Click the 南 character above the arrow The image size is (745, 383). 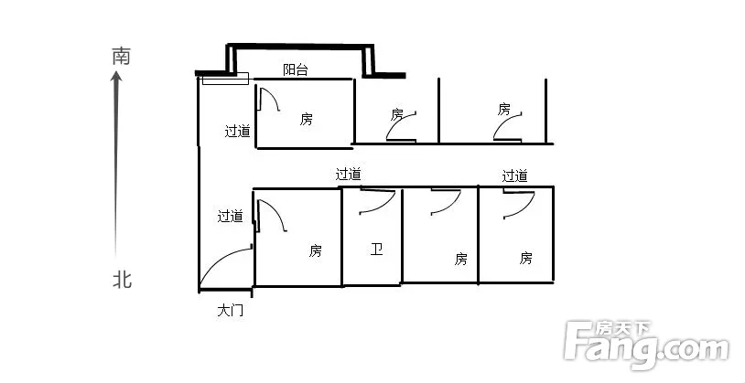[121, 56]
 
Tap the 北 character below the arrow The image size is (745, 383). [122, 280]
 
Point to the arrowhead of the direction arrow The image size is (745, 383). [116, 77]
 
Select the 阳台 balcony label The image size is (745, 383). [296, 70]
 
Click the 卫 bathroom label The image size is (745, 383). [376, 250]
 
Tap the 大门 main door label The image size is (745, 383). [231, 311]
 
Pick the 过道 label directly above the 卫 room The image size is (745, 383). [349, 175]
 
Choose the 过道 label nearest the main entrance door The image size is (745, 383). [231, 216]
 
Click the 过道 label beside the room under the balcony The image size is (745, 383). [238, 131]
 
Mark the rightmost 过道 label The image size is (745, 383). [515, 176]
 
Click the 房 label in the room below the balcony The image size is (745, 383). [307, 119]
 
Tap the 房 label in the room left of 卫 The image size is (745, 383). [315, 250]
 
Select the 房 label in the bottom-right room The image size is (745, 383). [525, 258]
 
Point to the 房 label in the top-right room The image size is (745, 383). [504, 109]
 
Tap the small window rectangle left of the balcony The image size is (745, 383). [225, 79]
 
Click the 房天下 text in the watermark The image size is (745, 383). [623, 328]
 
